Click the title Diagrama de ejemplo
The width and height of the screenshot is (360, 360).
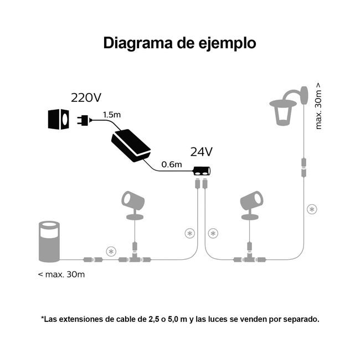point(180,44)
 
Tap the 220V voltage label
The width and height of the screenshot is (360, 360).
point(86,98)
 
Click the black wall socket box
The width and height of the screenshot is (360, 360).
point(58,119)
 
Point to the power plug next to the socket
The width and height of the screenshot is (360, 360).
point(83,119)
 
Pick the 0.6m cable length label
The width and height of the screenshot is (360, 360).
point(171,164)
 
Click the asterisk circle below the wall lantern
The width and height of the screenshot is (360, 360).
point(312,209)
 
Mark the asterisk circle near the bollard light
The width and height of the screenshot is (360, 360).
point(111,251)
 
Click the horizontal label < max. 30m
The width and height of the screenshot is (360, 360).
point(61,274)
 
